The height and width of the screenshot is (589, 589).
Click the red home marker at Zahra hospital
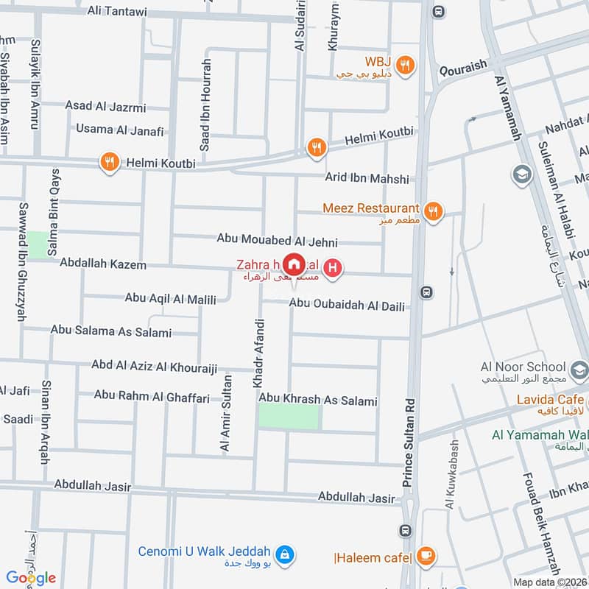pyautogui.click(x=294, y=264)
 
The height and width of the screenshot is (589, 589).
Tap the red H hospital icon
pyautogui.click(x=334, y=269)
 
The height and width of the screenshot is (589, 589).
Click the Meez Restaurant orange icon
pyautogui.click(x=434, y=210)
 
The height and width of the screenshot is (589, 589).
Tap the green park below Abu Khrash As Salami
pyautogui.click(x=289, y=417)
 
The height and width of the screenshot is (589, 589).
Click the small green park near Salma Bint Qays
pyautogui.click(x=36, y=244)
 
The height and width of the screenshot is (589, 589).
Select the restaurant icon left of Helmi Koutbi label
pyautogui.click(x=110, y=163)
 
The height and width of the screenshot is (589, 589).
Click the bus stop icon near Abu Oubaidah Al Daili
pyautogui.click(x=426, y=292)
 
